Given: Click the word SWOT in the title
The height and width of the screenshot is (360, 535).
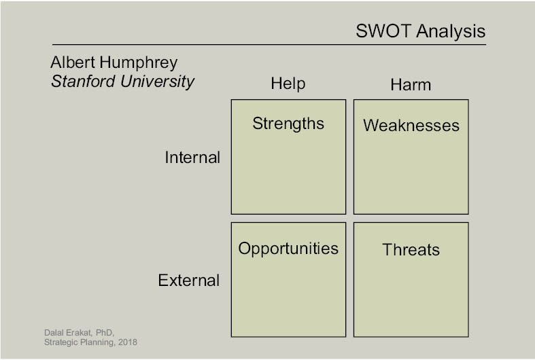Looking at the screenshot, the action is (x=383, y=31).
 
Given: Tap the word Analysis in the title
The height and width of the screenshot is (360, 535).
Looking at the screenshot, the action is (x=451, y=31).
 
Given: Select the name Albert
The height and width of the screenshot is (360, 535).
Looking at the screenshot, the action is (x=73, y=62).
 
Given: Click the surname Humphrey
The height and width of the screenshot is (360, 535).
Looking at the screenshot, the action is (x=139, y=62).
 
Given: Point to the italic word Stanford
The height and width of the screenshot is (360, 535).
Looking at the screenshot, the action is (x=83, y=82).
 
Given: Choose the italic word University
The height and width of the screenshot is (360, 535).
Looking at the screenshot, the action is (x=157, y=82).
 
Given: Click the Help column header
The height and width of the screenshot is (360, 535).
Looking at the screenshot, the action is (x=288, y=84).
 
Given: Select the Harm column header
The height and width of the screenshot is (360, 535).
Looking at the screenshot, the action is (x=411, y=85).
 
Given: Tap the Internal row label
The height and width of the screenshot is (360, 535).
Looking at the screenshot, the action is (x=192, y=158).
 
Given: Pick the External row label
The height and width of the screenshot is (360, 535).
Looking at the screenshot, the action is (x=189, y=281).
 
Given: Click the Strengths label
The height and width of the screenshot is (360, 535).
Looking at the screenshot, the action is (x=288, y=124).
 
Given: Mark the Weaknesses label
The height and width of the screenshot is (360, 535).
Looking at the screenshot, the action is (x=411, y=126).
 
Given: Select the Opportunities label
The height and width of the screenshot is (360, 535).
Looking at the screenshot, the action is (x=288, y=249).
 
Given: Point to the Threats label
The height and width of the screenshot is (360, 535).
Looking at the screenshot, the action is (x=411, y=249).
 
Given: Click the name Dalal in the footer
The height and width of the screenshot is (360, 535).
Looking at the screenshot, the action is (x=53, y=332).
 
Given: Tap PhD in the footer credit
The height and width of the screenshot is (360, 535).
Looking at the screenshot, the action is (x=105, y=333).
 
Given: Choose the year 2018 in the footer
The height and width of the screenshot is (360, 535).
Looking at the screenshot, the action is (x=128, y=342).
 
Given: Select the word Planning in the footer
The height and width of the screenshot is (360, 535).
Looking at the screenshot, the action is (x=97, y=342).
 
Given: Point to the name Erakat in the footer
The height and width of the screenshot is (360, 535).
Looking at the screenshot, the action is (x=78, y=332).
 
